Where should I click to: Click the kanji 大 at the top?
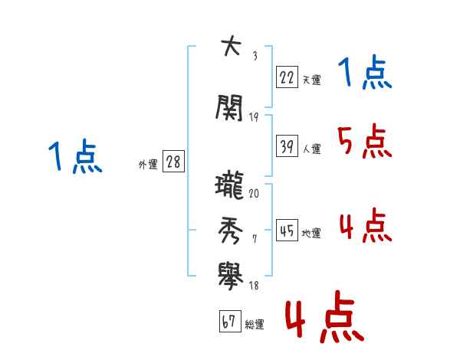pos(232,45)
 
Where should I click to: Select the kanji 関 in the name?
pos(229,107)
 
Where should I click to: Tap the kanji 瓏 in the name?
pos(229,185)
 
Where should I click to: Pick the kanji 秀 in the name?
pos(230,230)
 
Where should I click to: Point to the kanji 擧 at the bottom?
pos(230,276)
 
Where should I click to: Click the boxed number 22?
pos(287,77)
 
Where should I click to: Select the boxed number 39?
pos(287,146)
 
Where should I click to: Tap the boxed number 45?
pos(287,230)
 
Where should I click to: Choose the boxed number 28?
pos(173,161)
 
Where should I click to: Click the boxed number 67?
pos(230,321)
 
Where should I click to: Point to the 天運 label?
pos(311,80)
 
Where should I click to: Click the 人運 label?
pos(311,149)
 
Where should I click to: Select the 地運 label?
pos(311,233)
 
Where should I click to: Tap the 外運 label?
pos(148,165)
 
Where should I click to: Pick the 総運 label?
pos(255,324)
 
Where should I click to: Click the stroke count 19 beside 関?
pos(254,117)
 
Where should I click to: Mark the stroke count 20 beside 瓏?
pos(254,193)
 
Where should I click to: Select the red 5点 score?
pos(364,141)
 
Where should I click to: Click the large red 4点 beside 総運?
pos(325,316)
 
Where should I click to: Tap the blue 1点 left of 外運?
pos(75,155)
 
